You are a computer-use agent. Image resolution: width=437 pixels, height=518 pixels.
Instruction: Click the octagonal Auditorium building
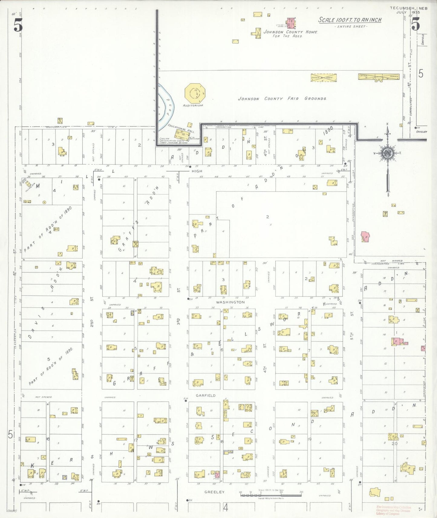pyautogui.click(x=195, y=93)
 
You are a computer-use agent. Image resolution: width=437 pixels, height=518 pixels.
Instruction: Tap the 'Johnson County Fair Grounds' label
pyautogui.click(x=282, y=99)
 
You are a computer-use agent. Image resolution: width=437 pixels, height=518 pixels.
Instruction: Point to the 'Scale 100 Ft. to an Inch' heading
pyautogui.click(x=350, y=20)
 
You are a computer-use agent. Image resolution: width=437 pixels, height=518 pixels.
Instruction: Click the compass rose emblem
pyautogui.click(x=387, y=153)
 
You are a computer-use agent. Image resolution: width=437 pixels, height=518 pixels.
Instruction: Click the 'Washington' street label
pyautogui.click(x=230, y=302)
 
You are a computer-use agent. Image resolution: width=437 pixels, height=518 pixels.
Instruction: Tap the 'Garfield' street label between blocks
pyautogui.click(x=206, y=395)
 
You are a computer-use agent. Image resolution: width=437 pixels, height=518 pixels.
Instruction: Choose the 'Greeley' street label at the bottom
pyautogui.click(x=214, y=492)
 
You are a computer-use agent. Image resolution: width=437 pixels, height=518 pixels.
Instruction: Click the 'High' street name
pyautogui.click(x=197, y=171)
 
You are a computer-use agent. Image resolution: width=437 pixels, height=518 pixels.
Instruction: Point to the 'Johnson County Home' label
pyautogui.click(x=290, y=32)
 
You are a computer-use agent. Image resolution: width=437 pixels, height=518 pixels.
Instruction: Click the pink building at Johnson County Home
pyautogui.click(x=291, y=23)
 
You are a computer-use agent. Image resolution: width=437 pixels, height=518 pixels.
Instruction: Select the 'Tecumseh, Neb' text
pyautogui.click(x=409, y=8)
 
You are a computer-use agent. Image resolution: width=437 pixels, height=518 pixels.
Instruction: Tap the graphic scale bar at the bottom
pyautogui.click(x=271, y=495)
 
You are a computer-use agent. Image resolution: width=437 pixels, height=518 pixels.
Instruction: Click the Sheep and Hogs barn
pyautogui.click(x=324, y=78)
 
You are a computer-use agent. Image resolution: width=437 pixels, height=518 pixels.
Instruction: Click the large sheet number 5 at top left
pyautogui.click(x=18, y=25)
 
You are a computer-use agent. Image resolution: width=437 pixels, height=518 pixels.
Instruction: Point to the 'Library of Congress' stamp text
pyautogui.click(x=388, y=513)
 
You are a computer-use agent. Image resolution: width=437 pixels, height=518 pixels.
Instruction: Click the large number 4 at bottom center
pyautogui.click(x=225, y=507)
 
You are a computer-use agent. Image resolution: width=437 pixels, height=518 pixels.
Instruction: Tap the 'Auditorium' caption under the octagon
pyautogui.click(x=193, y=105)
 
